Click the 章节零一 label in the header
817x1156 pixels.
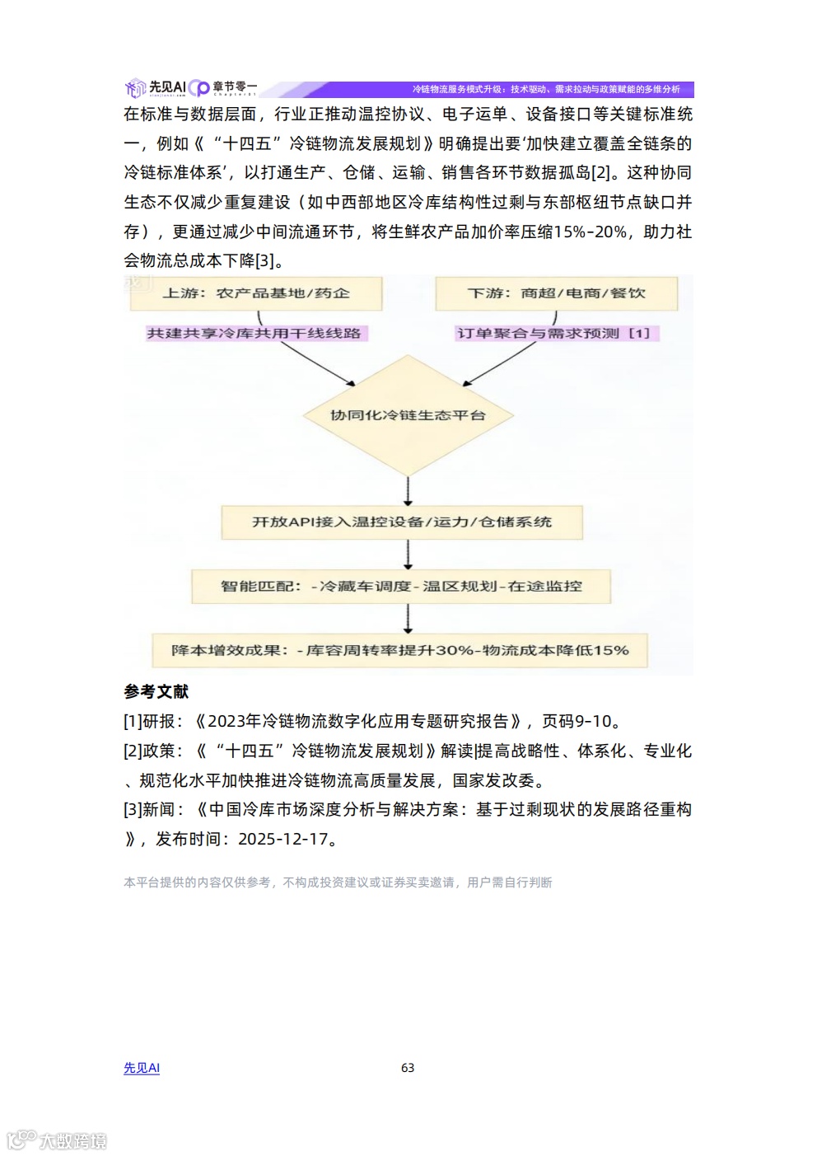(234, 87)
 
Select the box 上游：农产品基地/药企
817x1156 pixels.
(255, 293)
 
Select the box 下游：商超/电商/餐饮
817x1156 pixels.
(556, 293)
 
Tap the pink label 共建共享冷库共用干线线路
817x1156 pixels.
(254, 333)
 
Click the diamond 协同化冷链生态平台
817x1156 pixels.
(408, 415)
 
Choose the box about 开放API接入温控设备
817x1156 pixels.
(402, 522)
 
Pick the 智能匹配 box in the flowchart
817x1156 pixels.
(401, 587)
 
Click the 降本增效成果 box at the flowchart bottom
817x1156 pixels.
(400, 650)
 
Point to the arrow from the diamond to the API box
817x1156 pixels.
(408, 491)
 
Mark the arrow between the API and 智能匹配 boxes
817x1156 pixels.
(408, 555)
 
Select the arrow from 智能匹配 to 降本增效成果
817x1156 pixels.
(408, 618)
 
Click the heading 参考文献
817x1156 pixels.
(156, 691)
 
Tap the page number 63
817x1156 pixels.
(408, 1068)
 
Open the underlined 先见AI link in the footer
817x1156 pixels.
(142, 1068)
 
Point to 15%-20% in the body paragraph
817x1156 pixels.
(590, 232)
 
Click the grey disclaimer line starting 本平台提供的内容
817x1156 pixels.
(338, 882)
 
